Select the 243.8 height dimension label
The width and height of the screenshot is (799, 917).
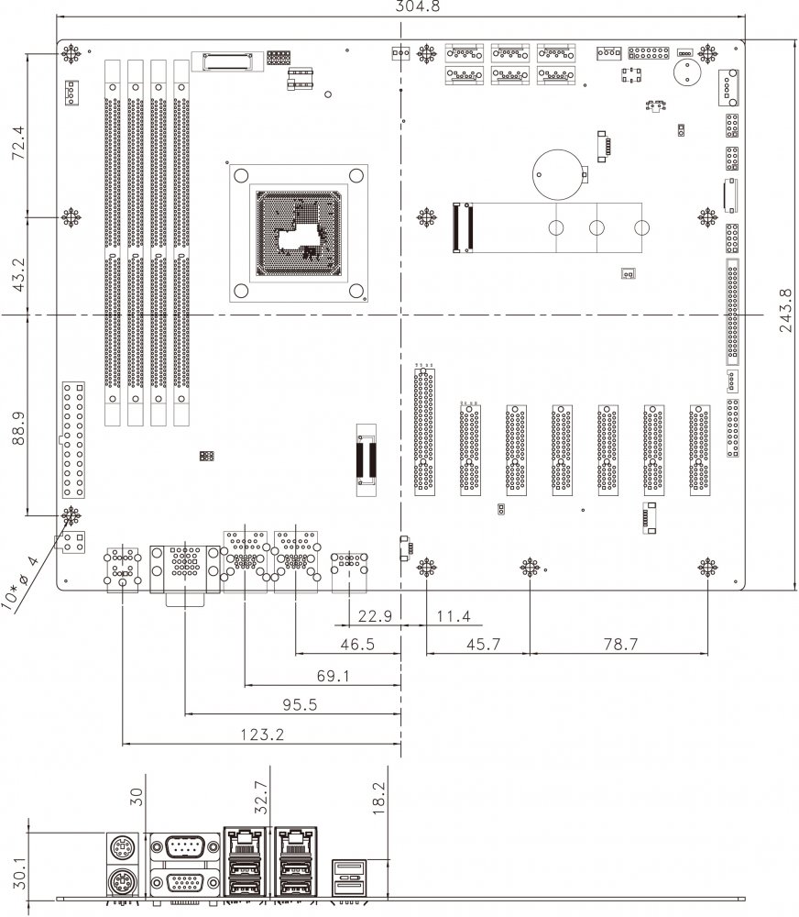tap(786, 313)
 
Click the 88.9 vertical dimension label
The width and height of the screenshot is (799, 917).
tap(16, 427)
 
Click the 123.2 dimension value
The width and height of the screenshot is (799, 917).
tap(261, 735)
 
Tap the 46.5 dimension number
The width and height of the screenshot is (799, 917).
tap(358, 645)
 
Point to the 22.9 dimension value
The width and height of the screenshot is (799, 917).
tap(375, 616)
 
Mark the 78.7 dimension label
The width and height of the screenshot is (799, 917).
tap(620, 645)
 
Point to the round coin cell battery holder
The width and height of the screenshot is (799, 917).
tap(556, 171)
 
